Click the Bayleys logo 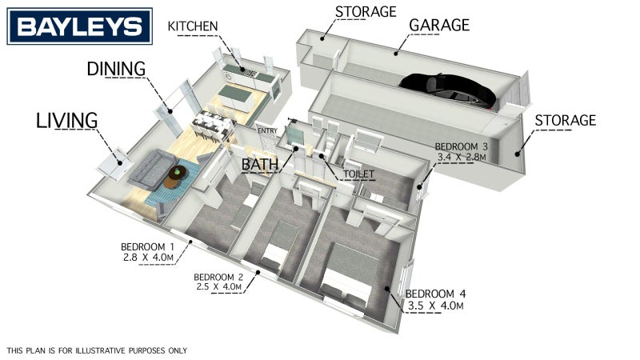point(79,26)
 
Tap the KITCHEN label point(193,26)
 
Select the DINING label point(116,69)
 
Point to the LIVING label point(67,120)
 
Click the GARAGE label point(439,25)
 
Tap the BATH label point(259,164)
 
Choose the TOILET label point(358,174)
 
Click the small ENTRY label point(267,130)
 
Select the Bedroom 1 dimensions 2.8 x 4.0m point(148,258)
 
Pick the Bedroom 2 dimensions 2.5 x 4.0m point(218,287)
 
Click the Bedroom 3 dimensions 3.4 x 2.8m point(462,156)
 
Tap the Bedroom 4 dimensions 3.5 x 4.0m point(436,306)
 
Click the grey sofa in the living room point(152,169)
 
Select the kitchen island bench point(237,98)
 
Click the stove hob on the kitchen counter point(250,74)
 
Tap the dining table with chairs point(211,125)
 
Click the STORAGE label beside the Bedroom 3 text point(566,121)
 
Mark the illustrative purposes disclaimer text point(97,350)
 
